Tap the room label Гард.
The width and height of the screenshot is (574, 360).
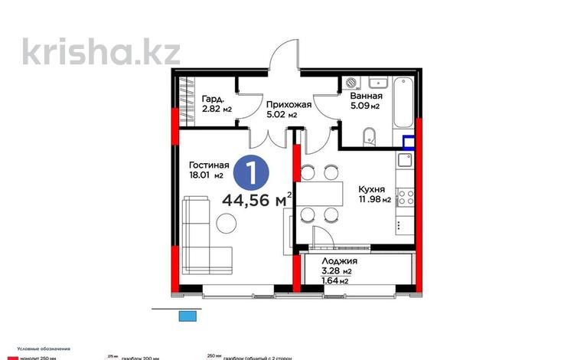(x=214, y=100)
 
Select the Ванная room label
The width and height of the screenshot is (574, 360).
(x=366, y=97)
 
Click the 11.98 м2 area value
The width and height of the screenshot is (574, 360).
(x=374, y=200)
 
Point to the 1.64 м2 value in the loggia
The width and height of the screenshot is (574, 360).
(x=337, y=280)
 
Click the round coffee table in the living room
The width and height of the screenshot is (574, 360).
(x=226, y=224)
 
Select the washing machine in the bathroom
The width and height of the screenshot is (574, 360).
(x=353, y=83)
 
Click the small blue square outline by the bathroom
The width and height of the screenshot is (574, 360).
(x=409, y=142)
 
